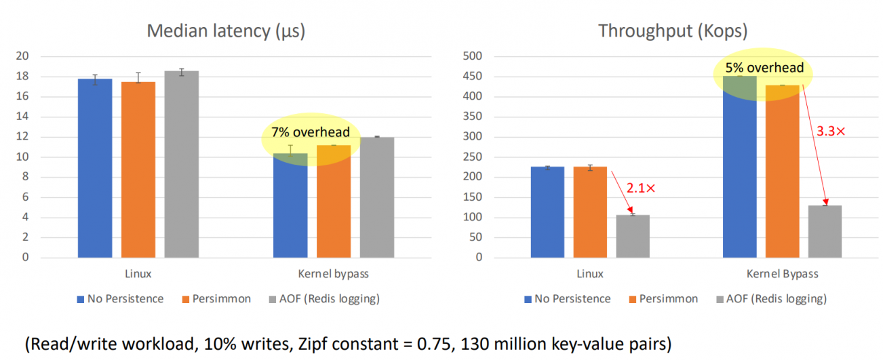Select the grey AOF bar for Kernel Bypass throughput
[825, 231]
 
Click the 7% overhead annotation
[311, 132]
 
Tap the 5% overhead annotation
[764, 68]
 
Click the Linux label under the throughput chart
[590, 274]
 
